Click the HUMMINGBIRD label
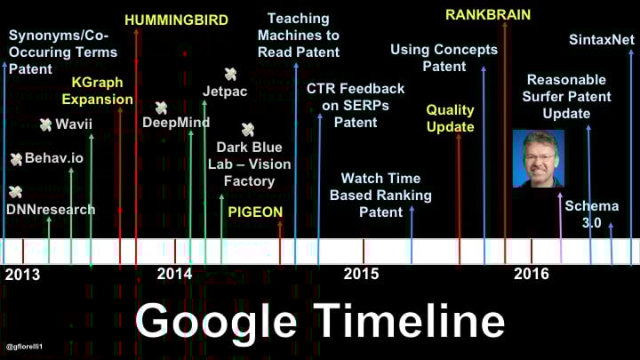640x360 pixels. tap(176, 20)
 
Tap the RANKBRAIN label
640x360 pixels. tap(488, 15)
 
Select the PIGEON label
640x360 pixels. tap(255, 212)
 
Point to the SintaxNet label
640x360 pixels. tap(602, 40)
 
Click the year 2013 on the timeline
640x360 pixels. tap(22, 275)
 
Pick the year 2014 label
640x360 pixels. tap(174, 274)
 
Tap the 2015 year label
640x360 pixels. tap(361, 274)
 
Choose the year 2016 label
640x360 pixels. tap(531, 274)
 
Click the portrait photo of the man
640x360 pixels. tap(539, 158)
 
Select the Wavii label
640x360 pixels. tap(74, 124)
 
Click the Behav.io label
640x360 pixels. tap(54, 158)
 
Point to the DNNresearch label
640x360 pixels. tap(51, 210)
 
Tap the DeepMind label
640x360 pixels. tap(176, 122)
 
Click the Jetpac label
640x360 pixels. tap(225, 91)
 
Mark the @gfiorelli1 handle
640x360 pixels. tap(24, 347)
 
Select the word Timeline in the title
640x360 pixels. tap(411, 319)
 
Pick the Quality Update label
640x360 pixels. tap(450, 118)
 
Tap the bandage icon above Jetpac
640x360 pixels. tap(230, 74)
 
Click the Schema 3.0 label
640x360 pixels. tap(591, 214)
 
